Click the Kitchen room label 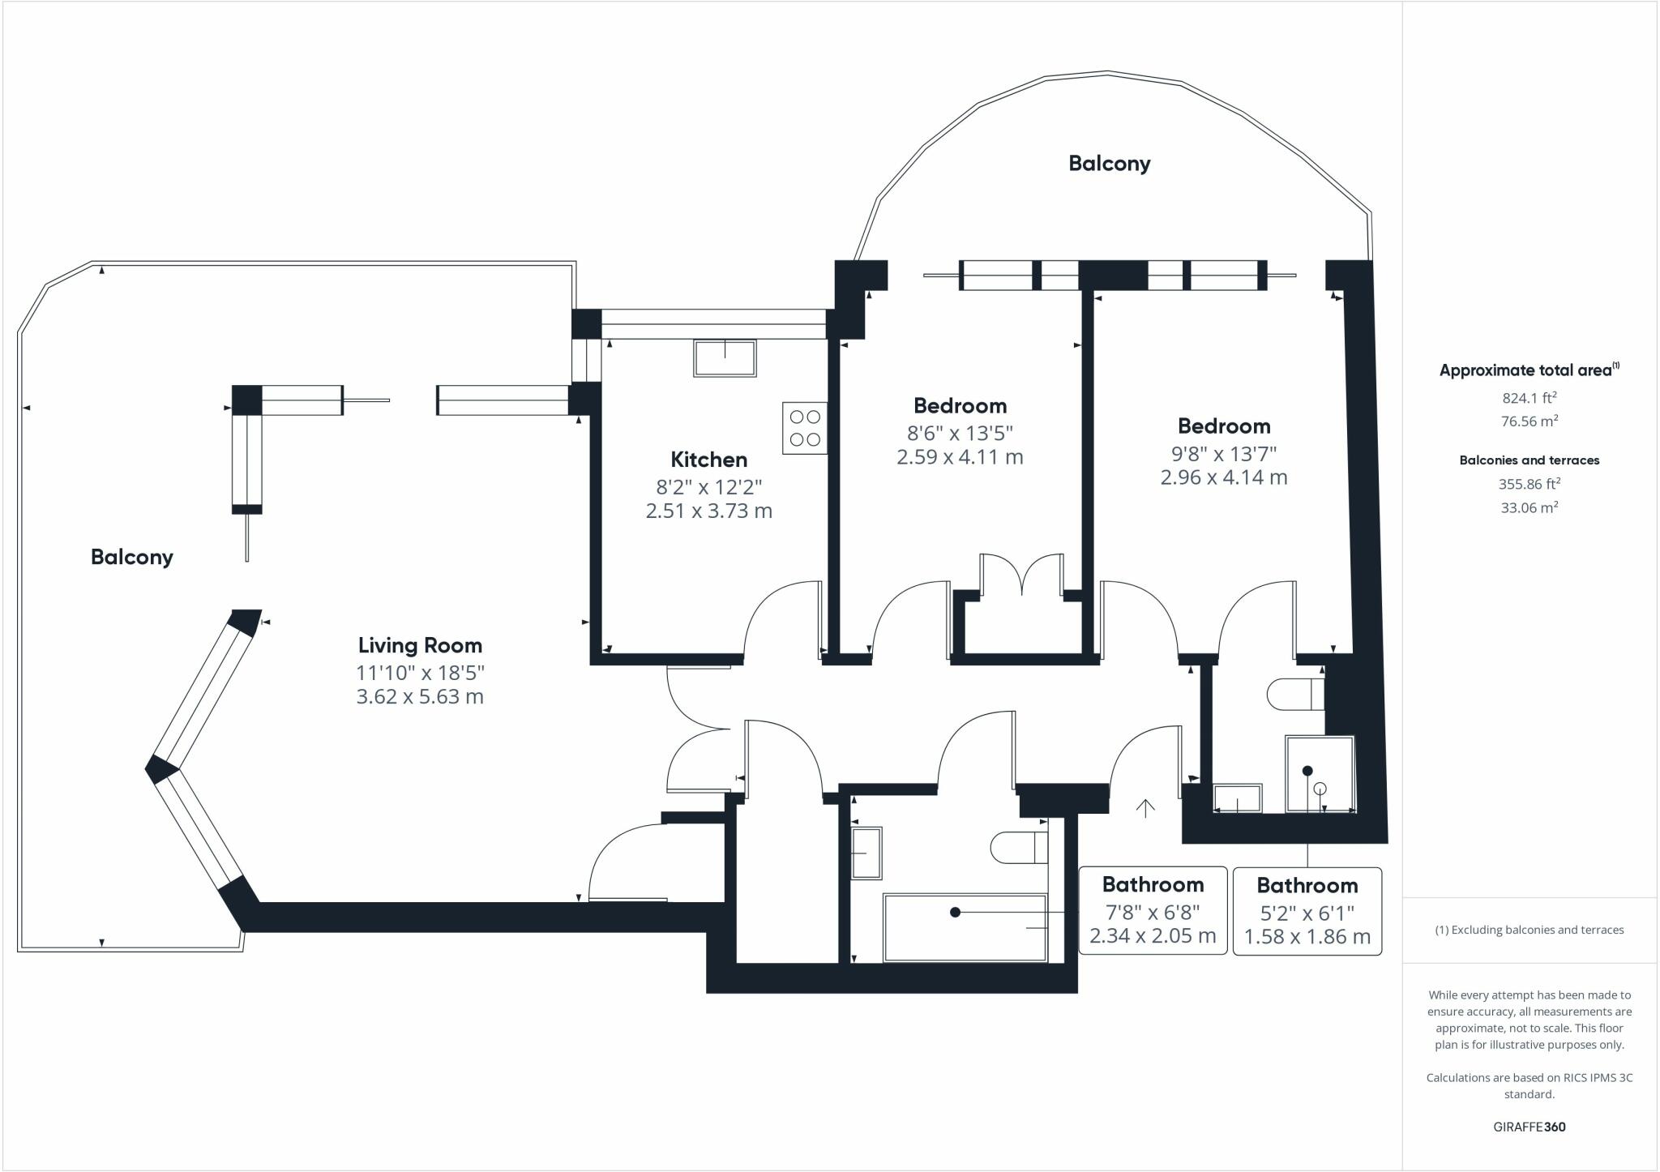pyautogui.click(x=708, y=460)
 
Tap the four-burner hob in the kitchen pyautogui.click(x=804, y=428)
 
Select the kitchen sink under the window pyautogui.click(x=725, y=357)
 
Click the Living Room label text pyautogui.click(x=420, y=645)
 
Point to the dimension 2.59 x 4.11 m pyautogui.click(x=960, y=457)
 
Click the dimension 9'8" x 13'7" pyautogui.click(x=1223, y=453)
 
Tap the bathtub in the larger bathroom pyautogui.click(x=965, y=927)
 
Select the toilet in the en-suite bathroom pyautogui.click(x=1294, y=694)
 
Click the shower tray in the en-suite pyautogui.click(x=1320, y=774)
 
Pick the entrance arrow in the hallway pyautogui.click(x=1144, y=808)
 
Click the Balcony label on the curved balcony pyautogui.click(x=1109, y=164)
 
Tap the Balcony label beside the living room pyautogui.click(x=132, y=557)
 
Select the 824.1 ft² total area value pyautogui.click(x=1529, y=398)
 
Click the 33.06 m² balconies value pyautogui.click(x=1529, y=508)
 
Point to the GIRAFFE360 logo pyautogui.click(x=1529, y=1127)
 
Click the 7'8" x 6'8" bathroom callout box pyautogui.click(x=1153, y=911)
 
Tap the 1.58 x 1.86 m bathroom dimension pyautogui.click(x=1307, y=937)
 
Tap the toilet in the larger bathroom pyautogui.click(x=1017, y=848)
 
